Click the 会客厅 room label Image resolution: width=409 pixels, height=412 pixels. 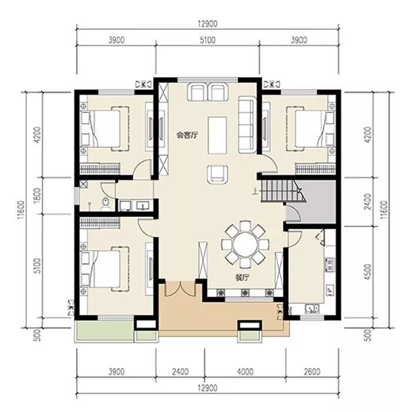pyautogui.click(x=187, y=136)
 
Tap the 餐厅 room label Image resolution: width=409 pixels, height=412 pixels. pyautogui.click(x=242, y=278)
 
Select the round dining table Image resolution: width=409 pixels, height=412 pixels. pyautogui.click(x=246, y=245)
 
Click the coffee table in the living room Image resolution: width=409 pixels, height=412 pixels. pyautogui.click(x=217, y=135)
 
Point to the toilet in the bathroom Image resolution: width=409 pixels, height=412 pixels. pyautogui.click(x=105, y=204)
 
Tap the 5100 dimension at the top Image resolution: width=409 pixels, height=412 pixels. pyautogui.click(x=207, y=40)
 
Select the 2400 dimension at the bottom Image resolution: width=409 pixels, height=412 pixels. pyautogui.click(x=180, y=372)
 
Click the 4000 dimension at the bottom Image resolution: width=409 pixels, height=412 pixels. pyautogui.click(x=245, y=372)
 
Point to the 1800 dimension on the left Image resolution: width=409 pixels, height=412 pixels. pyautogui.click(x=38, y=195)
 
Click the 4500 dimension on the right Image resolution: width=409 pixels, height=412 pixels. pyautogui.click(x=368, y=272)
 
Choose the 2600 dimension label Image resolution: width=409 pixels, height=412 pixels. pyautogui.click(x=312, y=372)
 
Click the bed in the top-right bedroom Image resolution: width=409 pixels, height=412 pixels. pyautogui.click(x=311, y=128)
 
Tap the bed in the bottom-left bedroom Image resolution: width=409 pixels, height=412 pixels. pyautogui.click(x=104, y=269)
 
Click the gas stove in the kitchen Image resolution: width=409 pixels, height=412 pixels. pyautogui.click(x=329, y=264)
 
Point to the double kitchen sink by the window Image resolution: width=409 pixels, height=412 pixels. pyautogui.click(x=312, y=308)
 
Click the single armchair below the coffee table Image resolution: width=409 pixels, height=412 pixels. pyautogui.click(x=217, y=174)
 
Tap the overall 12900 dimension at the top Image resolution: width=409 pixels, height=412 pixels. pyautogui.click(x=207, y=24)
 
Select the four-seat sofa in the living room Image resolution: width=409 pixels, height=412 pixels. pyautogui.click(x=247, y=125)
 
